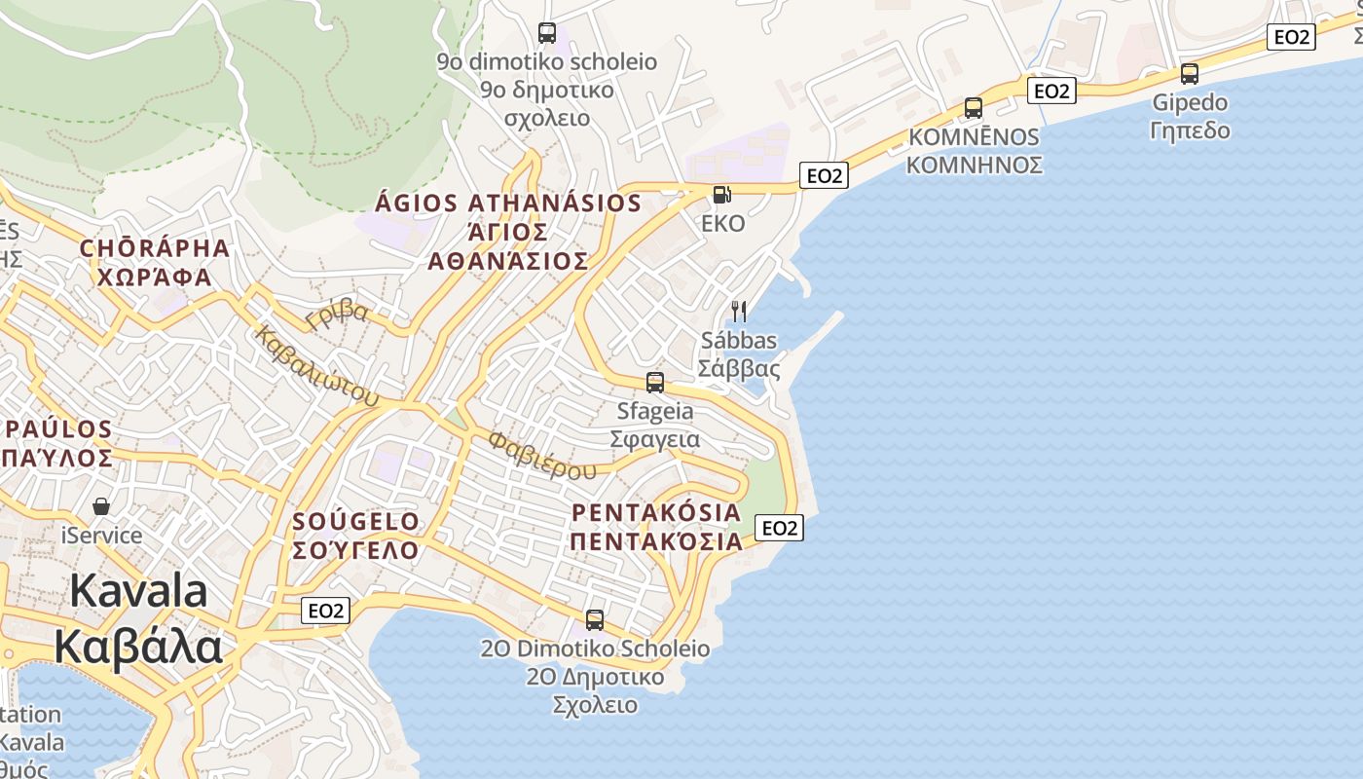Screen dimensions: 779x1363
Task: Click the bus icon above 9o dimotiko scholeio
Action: (x=547, y=33)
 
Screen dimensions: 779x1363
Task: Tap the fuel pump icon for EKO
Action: (x=721, y=195)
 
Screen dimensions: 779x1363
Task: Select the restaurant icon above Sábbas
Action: (x=739, y=312)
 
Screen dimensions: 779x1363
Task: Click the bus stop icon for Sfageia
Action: (x=655, y=383)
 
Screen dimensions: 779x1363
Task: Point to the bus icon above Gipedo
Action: (x=1189, y=74)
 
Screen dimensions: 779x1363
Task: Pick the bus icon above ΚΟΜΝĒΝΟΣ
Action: (x=973, y=108)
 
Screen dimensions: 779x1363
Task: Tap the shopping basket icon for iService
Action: (x=101, y=506)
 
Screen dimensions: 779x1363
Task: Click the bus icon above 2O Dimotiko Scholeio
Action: (x=595, y=620)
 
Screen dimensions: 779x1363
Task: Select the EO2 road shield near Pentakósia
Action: (x=779, y=528)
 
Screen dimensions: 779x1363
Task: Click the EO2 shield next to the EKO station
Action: (x=824, y=175)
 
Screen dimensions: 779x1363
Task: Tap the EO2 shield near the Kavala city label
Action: (x=325, y=611)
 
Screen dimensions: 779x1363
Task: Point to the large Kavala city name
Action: (x=138, y=591)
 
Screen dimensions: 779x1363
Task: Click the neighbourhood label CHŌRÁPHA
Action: (x=155, y=248)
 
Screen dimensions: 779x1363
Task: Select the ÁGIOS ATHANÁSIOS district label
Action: (x=508, y=204)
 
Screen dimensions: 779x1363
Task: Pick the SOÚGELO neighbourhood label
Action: (x=355, y=521)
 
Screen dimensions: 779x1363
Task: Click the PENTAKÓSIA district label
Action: (x=655, y=512)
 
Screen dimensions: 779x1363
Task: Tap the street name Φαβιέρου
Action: (x=542, y=456)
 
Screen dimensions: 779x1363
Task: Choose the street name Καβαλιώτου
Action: (x=316, y=366)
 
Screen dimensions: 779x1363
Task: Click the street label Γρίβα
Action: (x=337, y=314)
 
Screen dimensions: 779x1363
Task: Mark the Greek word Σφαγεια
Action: (x=654, y=439)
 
